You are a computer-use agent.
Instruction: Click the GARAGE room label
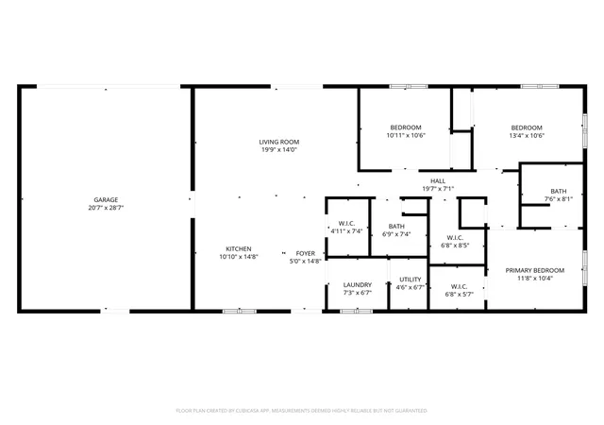(106, 200)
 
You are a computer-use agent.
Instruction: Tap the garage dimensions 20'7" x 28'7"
(106, 208)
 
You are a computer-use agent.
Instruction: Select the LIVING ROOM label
(279, 142)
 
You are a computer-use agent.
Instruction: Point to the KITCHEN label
(239, 249)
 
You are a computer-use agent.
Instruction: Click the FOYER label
(306, 253)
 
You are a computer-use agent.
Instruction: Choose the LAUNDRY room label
(358, 285)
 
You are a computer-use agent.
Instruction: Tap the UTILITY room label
(411, 280)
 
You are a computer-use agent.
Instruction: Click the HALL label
(438, 181)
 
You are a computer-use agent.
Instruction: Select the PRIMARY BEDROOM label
(535, 270)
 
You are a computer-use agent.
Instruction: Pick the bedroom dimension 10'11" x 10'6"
(406, 135)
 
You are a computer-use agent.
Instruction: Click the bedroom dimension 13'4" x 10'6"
(527, 136)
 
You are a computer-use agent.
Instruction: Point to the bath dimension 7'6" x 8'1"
(559, 199)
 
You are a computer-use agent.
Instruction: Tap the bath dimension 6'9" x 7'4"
(396, 234)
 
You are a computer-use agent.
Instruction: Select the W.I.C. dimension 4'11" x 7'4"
(346, 231)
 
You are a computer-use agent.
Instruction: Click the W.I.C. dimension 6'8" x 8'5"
(455, 246)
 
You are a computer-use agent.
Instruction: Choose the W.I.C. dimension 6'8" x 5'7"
(460, 295)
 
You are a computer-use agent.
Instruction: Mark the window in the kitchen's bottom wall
(240, 312)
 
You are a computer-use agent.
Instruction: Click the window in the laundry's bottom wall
(357, 312)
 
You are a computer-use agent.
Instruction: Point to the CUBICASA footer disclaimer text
(302, 411)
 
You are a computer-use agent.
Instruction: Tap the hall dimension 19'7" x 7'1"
(438, 189)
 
